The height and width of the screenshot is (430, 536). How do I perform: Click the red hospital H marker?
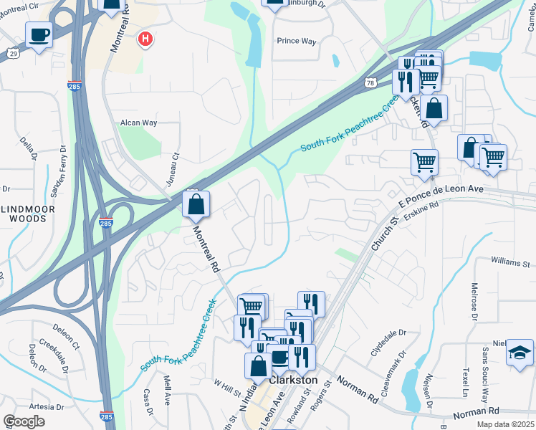click(145, 39)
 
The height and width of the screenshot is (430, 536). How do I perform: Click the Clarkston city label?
click(294, 380)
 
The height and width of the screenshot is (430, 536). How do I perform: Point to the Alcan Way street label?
click(138, 123)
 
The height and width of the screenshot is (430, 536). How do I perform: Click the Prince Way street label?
click(297, 42)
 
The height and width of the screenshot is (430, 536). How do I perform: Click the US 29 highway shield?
click(13, 53)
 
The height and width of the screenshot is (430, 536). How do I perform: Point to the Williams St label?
click(509, 263)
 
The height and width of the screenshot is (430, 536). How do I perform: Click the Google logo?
click(24, 421)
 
